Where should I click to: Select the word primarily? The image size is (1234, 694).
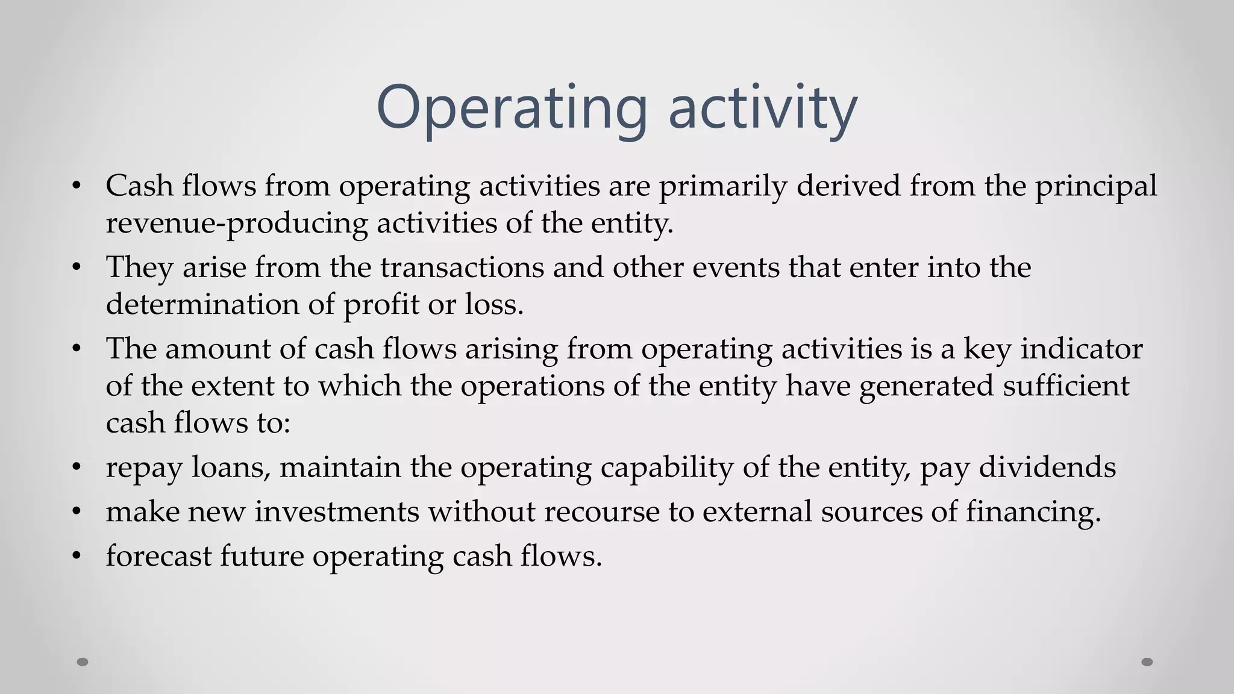pyautogui.click(x=722, y=186)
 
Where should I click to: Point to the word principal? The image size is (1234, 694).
pyautogui.click(x=1096, y=186)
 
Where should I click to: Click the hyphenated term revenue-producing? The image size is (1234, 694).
pyautogui.click(x=236, y=223)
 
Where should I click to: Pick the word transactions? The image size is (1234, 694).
pyautogui.click(x=462, y=267)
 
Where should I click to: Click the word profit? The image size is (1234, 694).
pyautogui.click(x=381, y=304)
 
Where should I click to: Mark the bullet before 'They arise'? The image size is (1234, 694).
pyautogui.click(x=75, y=267)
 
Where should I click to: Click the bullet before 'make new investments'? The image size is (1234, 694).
pyautogui.click(x=75, y=512)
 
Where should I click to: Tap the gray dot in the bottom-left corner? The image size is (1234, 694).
pyautogui.click(x=83, y=662)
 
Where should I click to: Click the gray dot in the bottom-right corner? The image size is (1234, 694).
pyautogui.click(x=1147, y=662)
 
